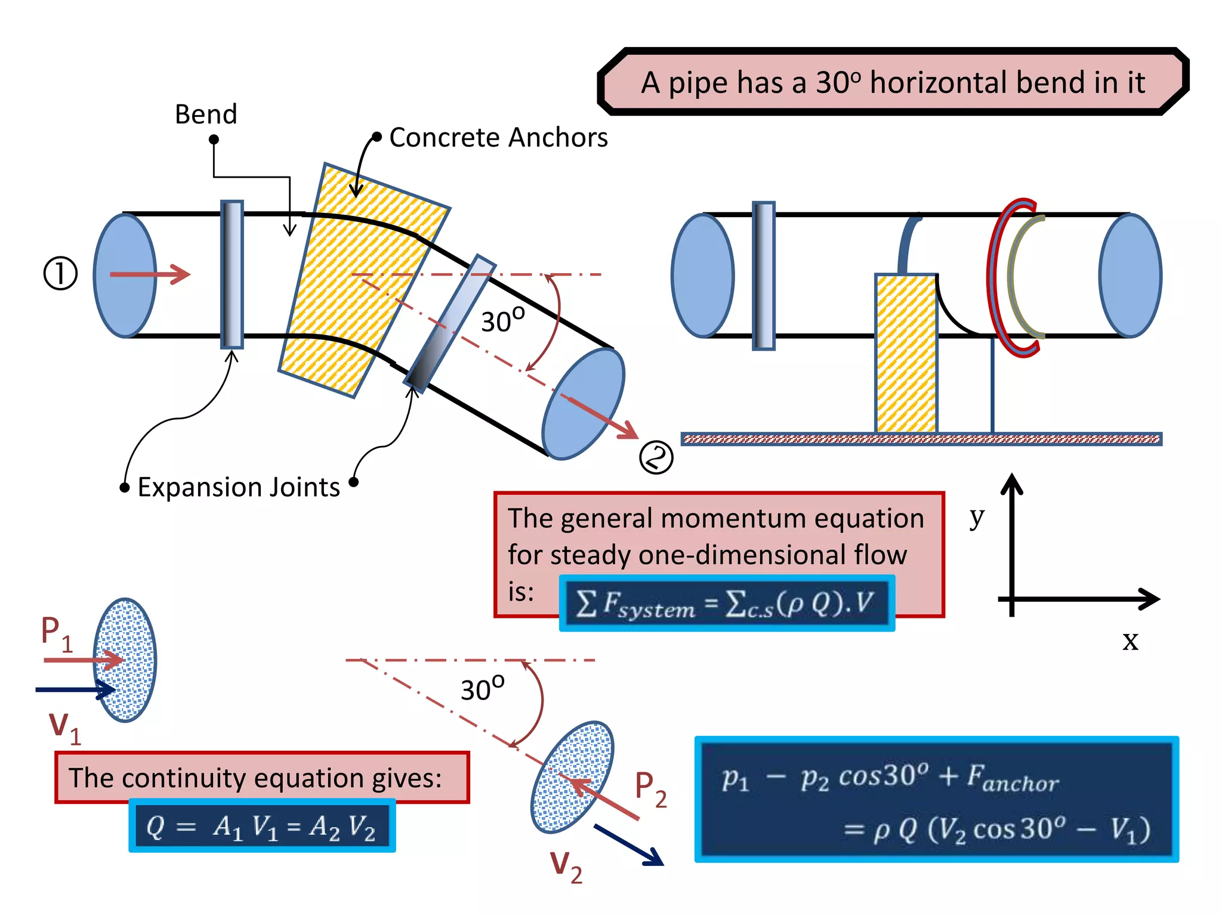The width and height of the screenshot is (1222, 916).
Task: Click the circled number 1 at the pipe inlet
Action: (x=60, y=274)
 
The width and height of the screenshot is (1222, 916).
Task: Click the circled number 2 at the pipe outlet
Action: (x=656, y=458)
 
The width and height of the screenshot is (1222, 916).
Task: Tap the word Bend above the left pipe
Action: (x=206, y=114)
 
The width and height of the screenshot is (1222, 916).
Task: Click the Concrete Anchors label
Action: (x=498, y=138)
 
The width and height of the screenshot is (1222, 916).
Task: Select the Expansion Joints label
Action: (x=239, y=487)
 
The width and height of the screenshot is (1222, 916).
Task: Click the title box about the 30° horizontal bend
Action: (x=893, y=82)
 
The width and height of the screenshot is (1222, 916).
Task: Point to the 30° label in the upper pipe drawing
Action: (x=502, y=320)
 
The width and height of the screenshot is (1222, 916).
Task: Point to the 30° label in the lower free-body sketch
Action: (x=482, y=689)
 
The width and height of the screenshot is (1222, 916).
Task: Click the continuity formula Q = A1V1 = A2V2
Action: (x=261, y=827)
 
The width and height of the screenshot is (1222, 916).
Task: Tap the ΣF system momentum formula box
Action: (x=726, y=604)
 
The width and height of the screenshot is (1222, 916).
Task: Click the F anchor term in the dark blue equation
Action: (x=1013, y=778)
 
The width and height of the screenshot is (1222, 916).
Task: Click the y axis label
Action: (x=976, y=516)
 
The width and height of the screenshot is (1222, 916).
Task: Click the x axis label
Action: (x=1130, y=641)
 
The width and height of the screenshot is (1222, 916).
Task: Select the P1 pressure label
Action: (x=56, y=633)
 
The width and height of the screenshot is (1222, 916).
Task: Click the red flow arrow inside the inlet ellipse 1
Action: (x=149, y=274)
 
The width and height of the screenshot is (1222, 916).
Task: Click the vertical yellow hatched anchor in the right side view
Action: (x=906, y=353)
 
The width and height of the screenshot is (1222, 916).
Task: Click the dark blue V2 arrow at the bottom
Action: (x=629, y=844)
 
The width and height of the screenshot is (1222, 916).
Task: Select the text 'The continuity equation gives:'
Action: (x=255, y=778)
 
